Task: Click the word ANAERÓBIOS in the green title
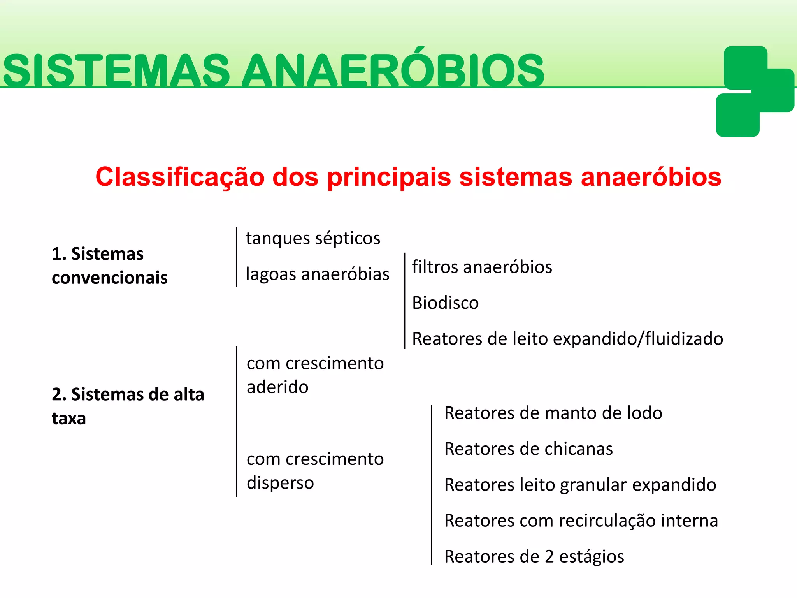[393, 71]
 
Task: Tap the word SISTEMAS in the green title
[116, 71]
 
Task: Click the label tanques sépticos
[313, 238]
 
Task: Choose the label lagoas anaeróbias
[318, 274]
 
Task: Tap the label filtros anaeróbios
[482, 267]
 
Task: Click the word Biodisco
[445, 303]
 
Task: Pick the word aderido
[277, 387]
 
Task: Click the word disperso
[280, 483]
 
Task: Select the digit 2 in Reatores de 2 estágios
[549, 557]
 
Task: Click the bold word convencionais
[109, 278]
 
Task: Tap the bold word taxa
[68, 419]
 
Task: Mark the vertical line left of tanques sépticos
[237, 257]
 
